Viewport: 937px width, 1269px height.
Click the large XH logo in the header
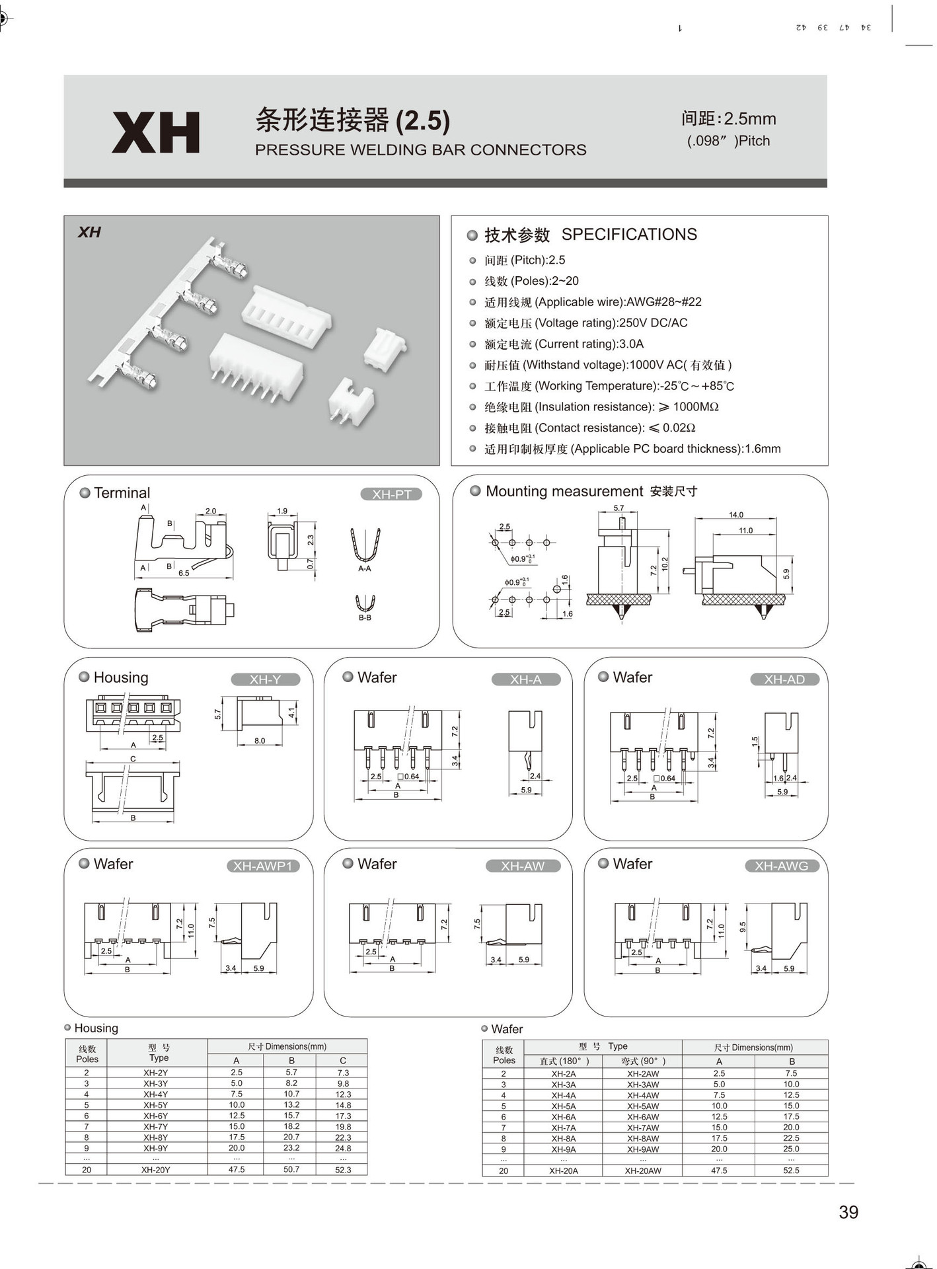156,133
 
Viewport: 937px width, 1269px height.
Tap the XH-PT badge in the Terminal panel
391,494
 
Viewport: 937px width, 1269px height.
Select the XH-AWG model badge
782,866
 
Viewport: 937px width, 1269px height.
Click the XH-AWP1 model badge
263,866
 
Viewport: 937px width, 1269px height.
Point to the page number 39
848,1211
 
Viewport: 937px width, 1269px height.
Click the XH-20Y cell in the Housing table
156,1169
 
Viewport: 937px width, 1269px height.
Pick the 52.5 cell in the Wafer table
791,1170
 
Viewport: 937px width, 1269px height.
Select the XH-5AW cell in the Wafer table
643,1106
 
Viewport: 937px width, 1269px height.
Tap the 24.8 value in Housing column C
343,1148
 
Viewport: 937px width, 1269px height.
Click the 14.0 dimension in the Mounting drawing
736,515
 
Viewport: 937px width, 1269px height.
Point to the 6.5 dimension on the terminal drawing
184,573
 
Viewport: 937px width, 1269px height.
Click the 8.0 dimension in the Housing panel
260,741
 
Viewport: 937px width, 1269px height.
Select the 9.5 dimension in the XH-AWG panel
743,927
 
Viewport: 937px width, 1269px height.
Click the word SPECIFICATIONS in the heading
629,235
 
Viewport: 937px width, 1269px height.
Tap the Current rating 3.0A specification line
564,344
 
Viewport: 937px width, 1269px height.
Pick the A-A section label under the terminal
364,568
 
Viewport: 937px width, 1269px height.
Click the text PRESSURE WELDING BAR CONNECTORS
421,150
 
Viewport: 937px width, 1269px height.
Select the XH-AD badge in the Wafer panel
784,679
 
